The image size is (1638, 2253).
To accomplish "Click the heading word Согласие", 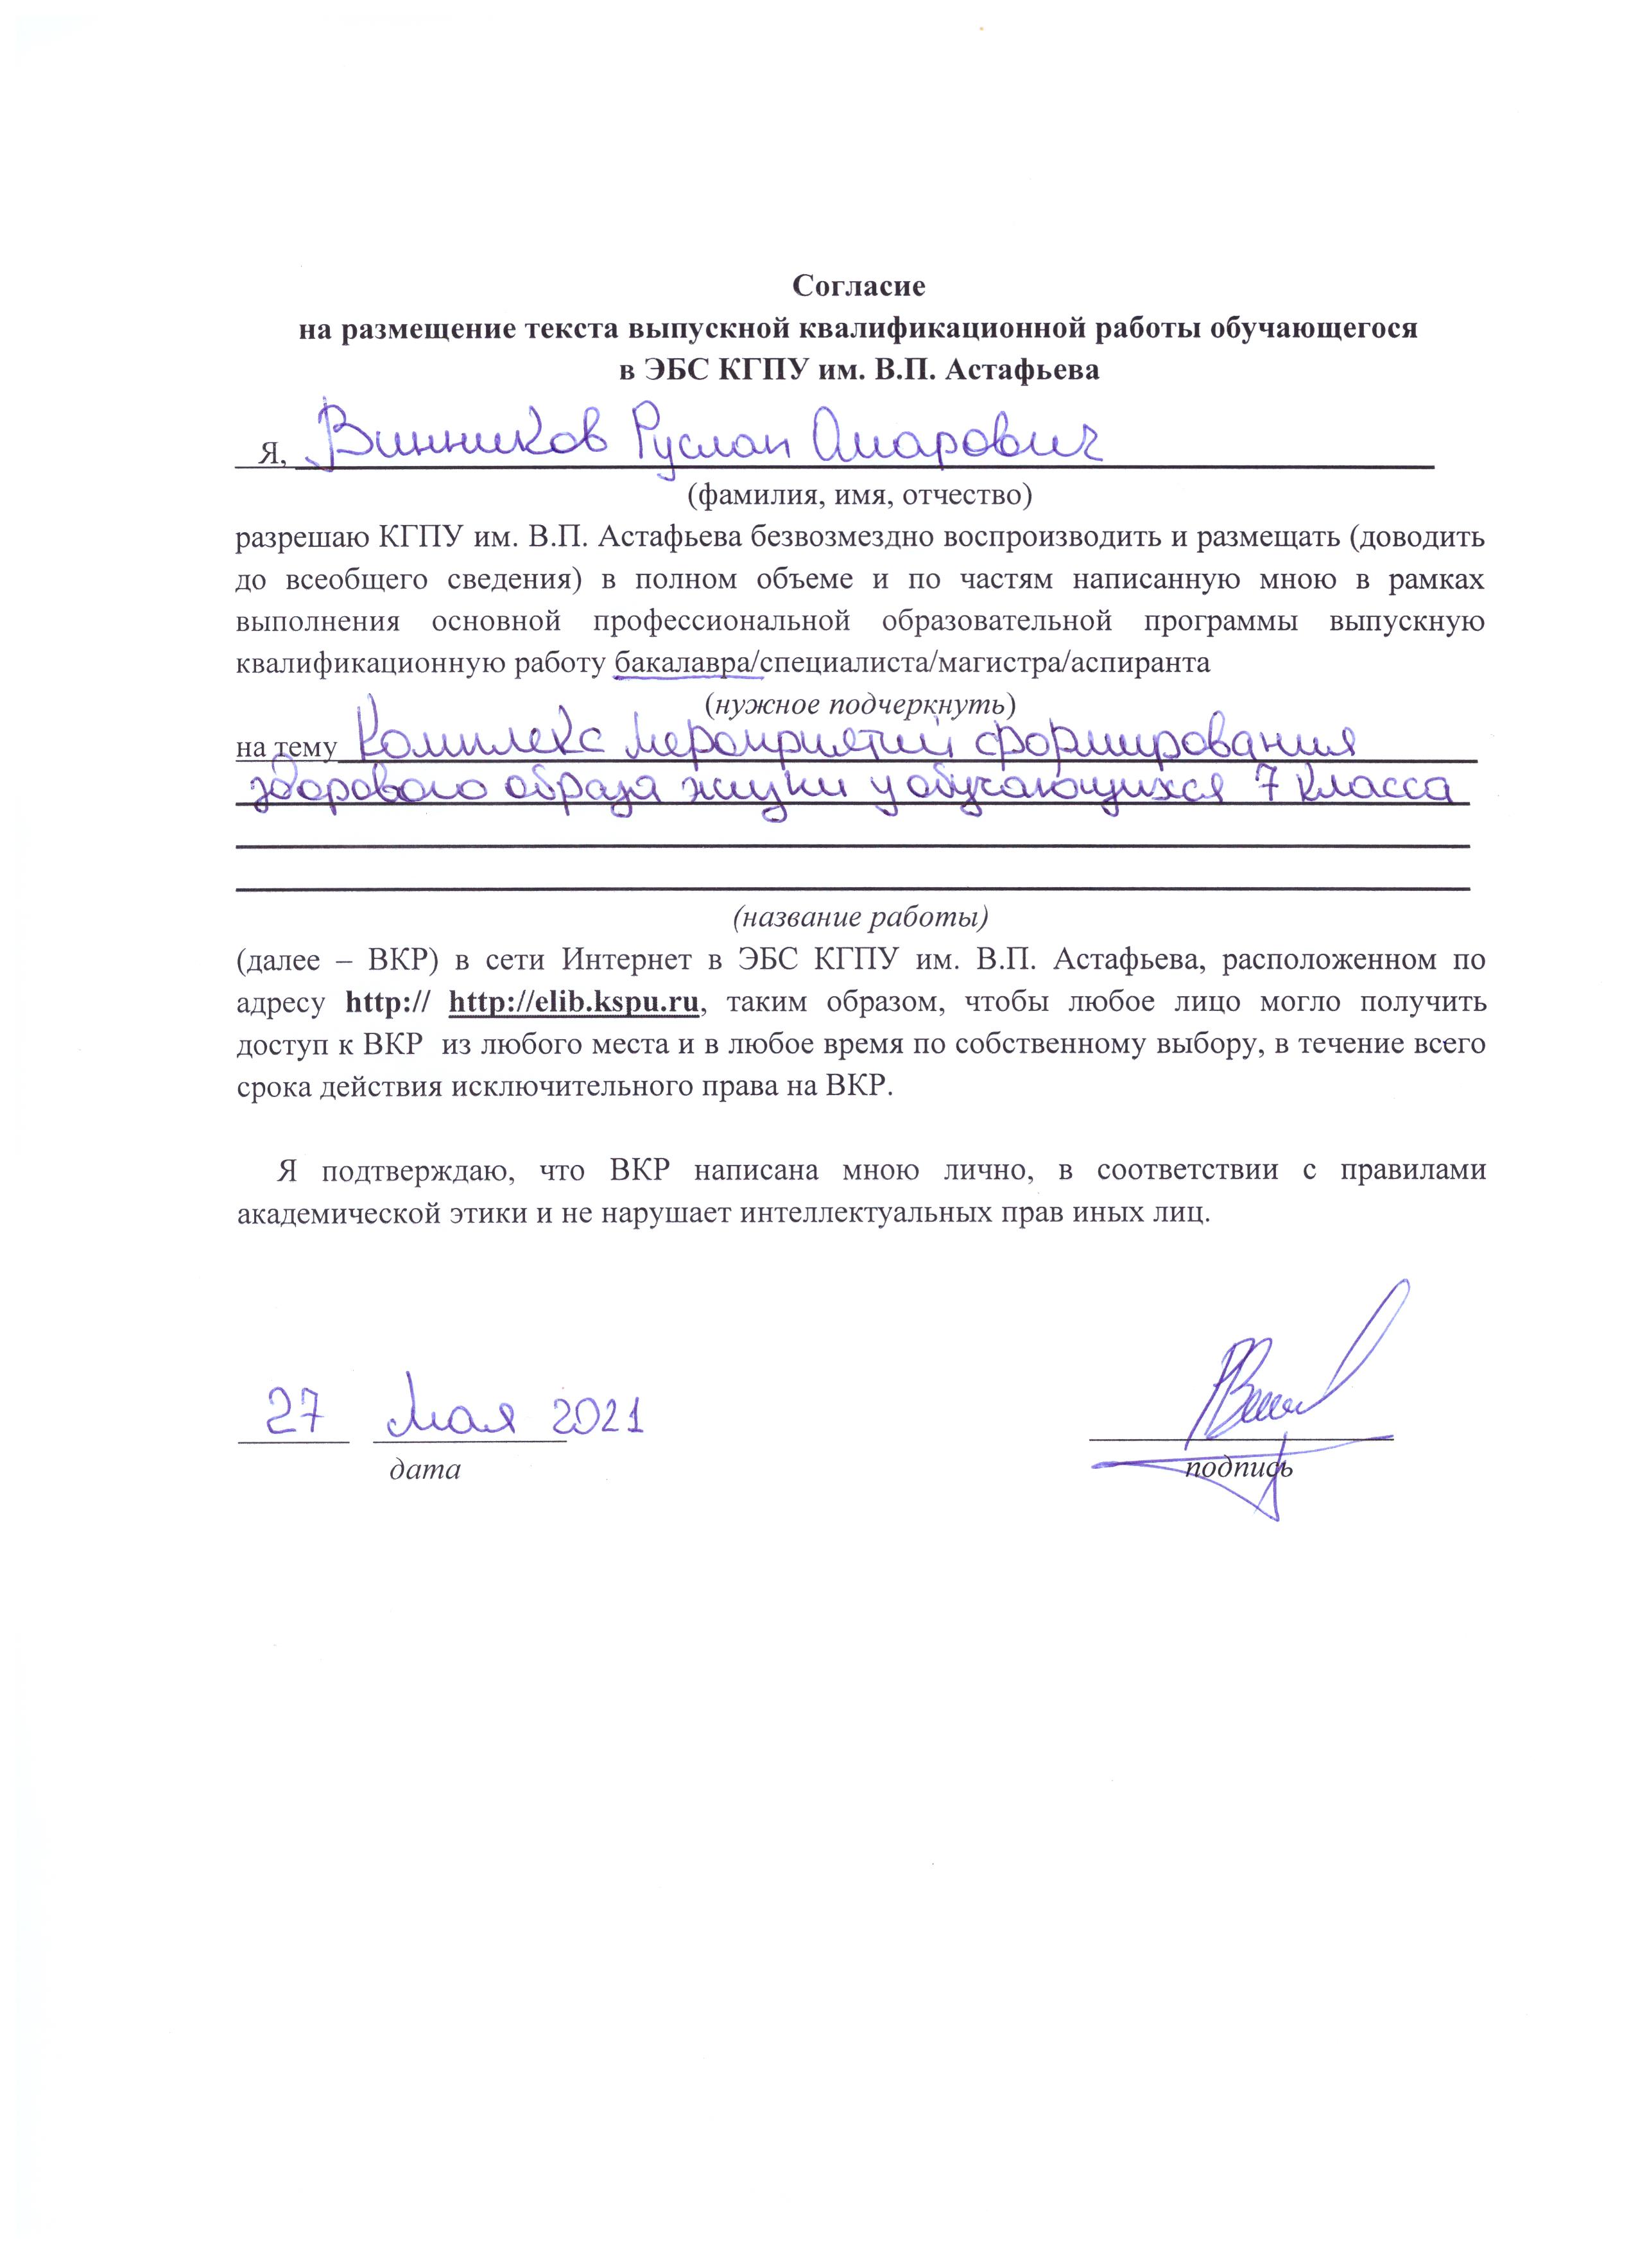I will (x=858, y=286).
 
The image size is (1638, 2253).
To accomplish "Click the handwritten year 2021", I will (x=599, y=1415).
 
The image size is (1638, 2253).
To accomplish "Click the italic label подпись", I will (x=1237, y=1467).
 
